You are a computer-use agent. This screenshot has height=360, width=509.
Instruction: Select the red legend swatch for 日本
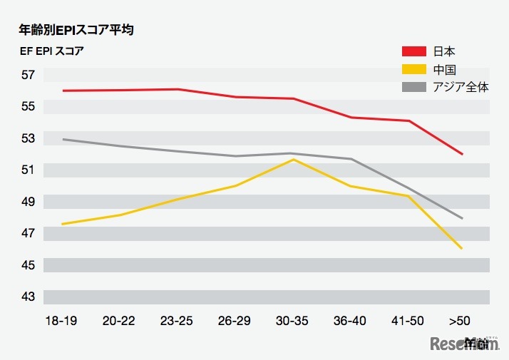414,51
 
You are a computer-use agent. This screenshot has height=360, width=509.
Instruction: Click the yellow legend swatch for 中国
414,69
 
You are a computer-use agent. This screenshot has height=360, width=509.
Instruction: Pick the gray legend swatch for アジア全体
414,87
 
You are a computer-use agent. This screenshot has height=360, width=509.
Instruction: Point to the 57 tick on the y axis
28,75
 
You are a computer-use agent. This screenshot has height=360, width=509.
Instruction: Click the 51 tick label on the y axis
28,170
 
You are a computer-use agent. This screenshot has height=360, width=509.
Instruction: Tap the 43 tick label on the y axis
28,297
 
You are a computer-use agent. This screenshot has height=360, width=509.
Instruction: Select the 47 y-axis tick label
28,233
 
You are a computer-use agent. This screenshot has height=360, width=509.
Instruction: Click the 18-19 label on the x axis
61,321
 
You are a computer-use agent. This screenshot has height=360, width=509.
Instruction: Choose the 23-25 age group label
176,321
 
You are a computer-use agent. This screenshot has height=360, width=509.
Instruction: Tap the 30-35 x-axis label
292,321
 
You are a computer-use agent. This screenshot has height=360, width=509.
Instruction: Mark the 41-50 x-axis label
408,321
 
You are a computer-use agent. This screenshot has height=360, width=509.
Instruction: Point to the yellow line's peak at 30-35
294,160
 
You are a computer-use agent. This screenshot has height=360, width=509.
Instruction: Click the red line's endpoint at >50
463,154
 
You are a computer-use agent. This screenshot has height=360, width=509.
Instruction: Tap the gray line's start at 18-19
63,139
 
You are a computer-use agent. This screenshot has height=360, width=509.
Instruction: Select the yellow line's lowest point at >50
463,248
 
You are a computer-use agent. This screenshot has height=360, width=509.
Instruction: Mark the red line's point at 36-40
351,118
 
